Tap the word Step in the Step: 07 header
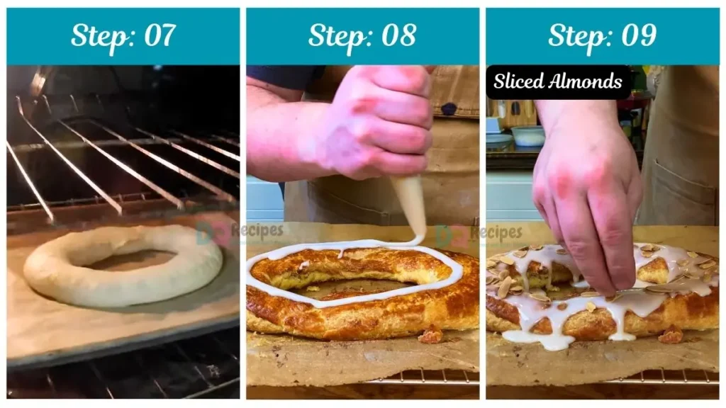97,35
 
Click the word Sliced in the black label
518,81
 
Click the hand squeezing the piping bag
376,127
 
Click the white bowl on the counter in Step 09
528,135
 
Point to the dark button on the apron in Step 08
448,109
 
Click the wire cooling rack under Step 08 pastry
425,375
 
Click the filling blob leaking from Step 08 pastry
431,334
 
